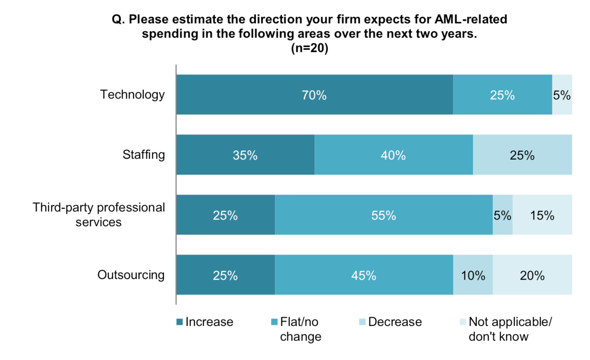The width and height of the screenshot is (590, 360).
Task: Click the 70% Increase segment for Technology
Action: pyautogui.click(x=314, y=95)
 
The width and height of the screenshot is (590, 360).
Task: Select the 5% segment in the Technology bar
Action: pyautogui.click(x=562, y=95)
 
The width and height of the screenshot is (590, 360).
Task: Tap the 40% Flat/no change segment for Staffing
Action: pyautogui.click(x=393, y=155)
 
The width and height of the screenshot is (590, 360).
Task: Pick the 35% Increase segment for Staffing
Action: pyautogui.click(x=245, y=155)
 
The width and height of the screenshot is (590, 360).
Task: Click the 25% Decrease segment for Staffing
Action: pyautogui.click(x=522, y=155)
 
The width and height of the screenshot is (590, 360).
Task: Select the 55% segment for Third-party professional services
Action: pyautogui.click(x=383, y=215)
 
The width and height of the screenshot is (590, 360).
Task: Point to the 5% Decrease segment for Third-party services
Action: pyautogui.click(x=502, y=215)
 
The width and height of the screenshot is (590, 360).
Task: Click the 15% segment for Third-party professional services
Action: pyautogui.click(x=542, y=215)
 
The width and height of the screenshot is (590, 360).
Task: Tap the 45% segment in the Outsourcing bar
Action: pyautogui.click(x=364, y=275)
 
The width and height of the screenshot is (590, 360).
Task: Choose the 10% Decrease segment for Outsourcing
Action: pyautogui.click(x=473, y=275)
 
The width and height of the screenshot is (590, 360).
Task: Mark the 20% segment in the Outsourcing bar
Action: pyautogui.click(x=532, y=275)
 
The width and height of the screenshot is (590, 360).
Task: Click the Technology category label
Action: pyautogui.click(x=132, y=94)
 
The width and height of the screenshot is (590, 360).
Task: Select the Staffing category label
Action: pyautogui.click(x=144, y=154)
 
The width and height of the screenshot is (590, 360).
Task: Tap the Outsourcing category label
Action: pyautogui.click(x=131, y=275)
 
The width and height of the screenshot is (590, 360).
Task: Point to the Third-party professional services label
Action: pyautogui.click(x=99, y=215)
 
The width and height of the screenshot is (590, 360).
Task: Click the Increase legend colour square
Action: pyautogui.click(x=179, y=322)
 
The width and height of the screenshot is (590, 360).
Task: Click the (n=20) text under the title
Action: pyautogui.click(x=309, y=48)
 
